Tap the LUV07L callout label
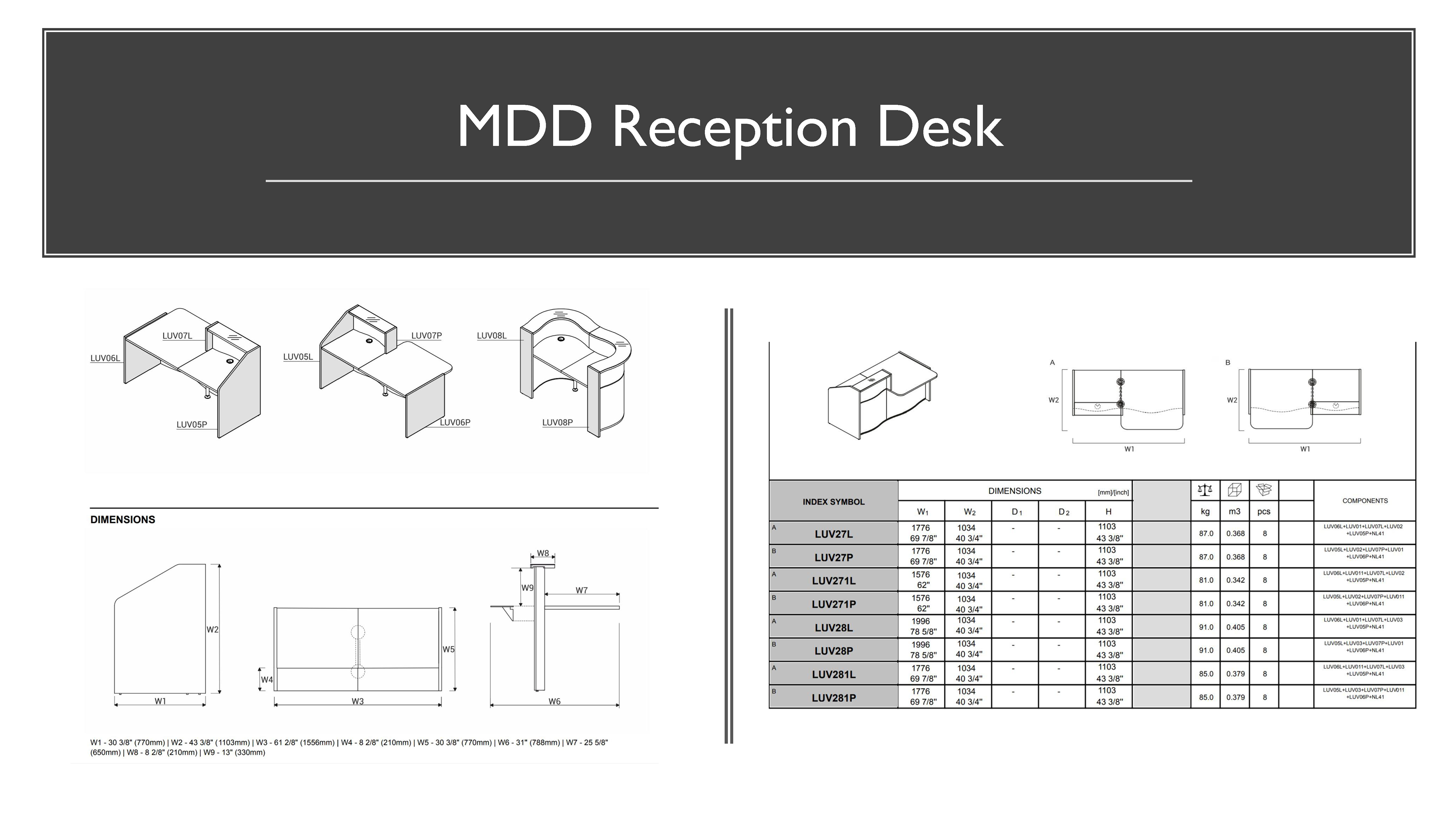(177, 336)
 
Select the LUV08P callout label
(557, 422)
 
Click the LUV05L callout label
(298, 357)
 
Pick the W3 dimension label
(358, 701)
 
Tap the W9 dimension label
(527, 587)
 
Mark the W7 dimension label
(582, 590)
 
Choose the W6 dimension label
(554, 701)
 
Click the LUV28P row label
(834, 651)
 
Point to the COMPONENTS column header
(1364, 501)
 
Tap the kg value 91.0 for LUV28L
(1206, 627)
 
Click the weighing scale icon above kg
(1205, 490)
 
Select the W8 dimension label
(543, 553)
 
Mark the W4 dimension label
(266, 679)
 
